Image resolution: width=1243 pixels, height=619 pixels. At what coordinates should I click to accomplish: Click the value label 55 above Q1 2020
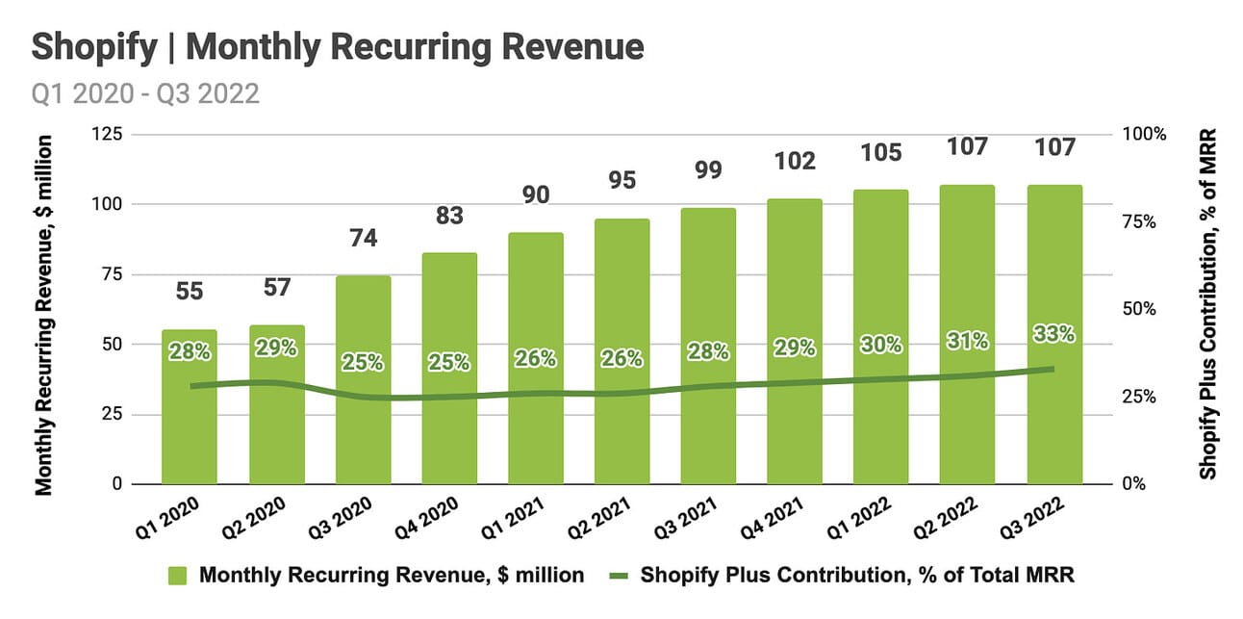190,291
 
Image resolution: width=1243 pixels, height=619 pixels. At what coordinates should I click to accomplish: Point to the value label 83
449,216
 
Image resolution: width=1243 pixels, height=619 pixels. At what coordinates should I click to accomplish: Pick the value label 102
795,161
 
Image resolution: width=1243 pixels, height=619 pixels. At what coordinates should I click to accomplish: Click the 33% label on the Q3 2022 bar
1053,334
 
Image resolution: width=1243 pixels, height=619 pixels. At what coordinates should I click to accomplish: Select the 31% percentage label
967,340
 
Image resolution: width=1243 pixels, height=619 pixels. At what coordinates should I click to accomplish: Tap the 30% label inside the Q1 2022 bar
881,344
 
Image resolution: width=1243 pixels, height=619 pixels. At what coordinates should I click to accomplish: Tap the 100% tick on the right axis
1144,133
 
